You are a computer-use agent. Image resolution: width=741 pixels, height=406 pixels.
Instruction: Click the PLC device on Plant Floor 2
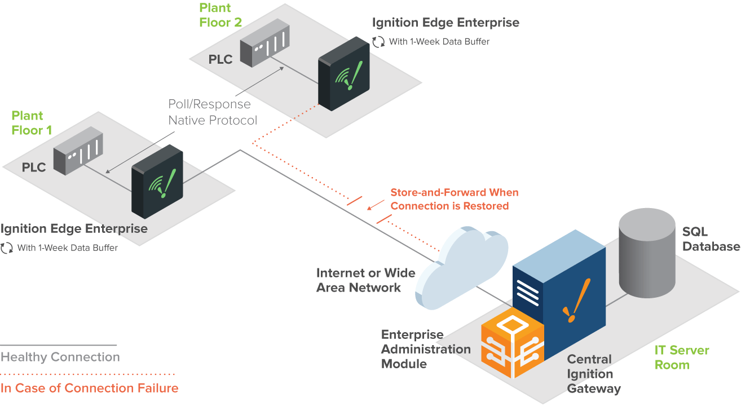coord(264,43)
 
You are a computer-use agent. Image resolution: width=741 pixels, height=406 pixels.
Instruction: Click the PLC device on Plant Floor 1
coord(78,151)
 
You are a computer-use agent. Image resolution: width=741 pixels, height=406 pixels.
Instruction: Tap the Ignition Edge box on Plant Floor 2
coord(343,74)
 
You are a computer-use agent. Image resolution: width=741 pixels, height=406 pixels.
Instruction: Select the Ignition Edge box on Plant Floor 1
coord(157,182)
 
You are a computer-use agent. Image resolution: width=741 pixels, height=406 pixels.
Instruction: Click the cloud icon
coord(461,268)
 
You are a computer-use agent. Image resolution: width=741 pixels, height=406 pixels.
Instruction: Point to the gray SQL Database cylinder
coord(647,253)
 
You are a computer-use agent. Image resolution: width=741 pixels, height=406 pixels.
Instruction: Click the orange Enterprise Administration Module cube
coord(513,343)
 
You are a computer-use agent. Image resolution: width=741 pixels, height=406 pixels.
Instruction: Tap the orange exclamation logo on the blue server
coord(576,301)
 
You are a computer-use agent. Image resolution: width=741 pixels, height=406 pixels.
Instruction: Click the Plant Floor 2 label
coord(220,15)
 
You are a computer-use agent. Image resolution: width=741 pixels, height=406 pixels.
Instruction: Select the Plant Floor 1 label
coord(32,123)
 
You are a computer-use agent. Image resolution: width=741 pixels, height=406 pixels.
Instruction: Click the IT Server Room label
coord(682,358)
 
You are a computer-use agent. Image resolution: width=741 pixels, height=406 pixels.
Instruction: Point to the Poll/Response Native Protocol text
coord(213,112)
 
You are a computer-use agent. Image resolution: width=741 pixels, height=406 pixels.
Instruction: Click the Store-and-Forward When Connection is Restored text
coord(455,199)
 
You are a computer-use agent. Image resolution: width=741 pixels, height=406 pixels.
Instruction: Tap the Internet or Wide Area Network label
coord(365,280)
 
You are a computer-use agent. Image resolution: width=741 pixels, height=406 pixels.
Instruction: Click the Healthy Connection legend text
coord(60,357)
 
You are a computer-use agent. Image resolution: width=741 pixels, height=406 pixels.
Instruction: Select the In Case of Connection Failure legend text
coord(89,388)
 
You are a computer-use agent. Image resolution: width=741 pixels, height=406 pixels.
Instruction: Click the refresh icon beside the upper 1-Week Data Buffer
coord(378,42)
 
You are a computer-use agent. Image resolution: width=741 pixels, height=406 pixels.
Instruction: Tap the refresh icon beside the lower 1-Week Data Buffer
coord(7,248)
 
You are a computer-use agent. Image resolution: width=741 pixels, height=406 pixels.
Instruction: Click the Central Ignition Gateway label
coord(594,374)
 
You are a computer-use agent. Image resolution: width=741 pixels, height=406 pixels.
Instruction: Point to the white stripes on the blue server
coord(528,293)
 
